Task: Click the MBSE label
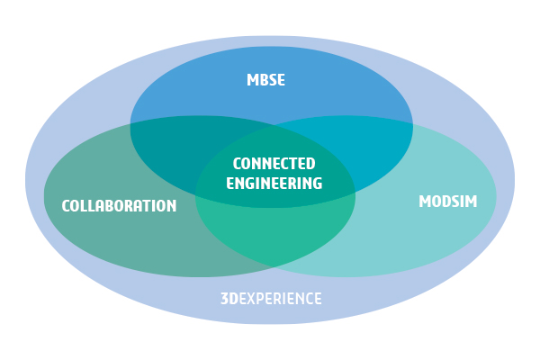click(265, 80)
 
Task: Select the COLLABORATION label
click(119, 206)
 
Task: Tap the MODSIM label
click(447, 202)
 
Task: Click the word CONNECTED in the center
click(274, 164)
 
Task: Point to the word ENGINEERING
click(274, 183)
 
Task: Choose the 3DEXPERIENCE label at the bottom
click(271, 299)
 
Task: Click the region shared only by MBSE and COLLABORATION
click(171, 144)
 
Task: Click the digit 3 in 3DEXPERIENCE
click(224, 299)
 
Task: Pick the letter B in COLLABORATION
click(112, 206)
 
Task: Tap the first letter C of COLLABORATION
click(66, 206)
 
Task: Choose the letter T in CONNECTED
click(292, 164)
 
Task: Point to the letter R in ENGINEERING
click(301, 183)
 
